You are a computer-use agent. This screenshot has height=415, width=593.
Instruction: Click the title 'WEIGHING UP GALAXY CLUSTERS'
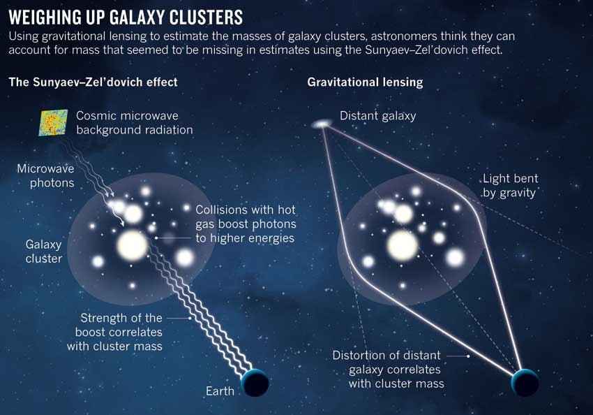pos(126,15)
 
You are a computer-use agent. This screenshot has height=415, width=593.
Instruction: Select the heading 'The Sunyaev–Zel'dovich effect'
pos(93,82)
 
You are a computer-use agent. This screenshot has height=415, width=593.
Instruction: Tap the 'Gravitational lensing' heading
pos(365,82)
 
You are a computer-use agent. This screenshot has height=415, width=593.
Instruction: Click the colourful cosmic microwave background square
pos(53,122)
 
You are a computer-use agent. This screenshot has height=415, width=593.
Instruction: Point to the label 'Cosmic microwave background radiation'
pos(135,122)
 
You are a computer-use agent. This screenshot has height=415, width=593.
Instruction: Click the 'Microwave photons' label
pos(46,176)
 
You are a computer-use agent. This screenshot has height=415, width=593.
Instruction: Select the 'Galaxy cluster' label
pos(44,252)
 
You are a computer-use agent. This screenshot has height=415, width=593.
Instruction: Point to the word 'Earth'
pos(220,391)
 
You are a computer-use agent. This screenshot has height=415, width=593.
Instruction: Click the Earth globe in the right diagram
pos(525,383)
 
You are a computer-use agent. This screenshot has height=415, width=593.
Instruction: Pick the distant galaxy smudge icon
pos(322,124)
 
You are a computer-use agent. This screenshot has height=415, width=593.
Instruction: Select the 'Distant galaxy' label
pos(377,116)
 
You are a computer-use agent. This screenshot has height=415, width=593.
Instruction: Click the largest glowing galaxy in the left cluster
pos(132,245)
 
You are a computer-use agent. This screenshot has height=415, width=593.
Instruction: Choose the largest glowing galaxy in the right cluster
pos(403,245)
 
